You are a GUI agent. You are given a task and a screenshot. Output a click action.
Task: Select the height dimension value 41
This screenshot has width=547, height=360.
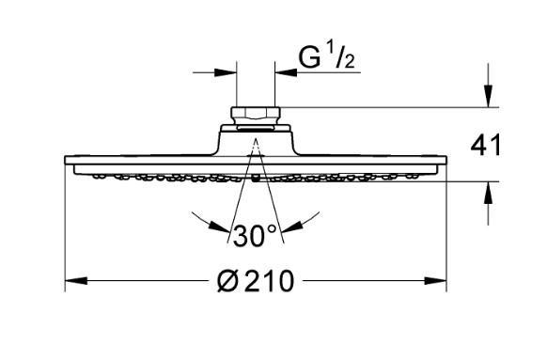coord(486,145)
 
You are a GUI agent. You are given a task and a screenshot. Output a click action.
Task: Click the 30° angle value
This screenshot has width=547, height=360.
coord(256,235)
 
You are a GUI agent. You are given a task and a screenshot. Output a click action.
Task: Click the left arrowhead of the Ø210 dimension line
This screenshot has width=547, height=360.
coord(71,281)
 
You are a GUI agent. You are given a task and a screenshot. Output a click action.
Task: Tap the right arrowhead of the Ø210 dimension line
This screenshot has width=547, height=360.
coord(439,281)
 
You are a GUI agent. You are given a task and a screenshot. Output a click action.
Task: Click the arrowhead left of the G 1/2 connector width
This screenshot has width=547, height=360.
coord(227,70)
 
